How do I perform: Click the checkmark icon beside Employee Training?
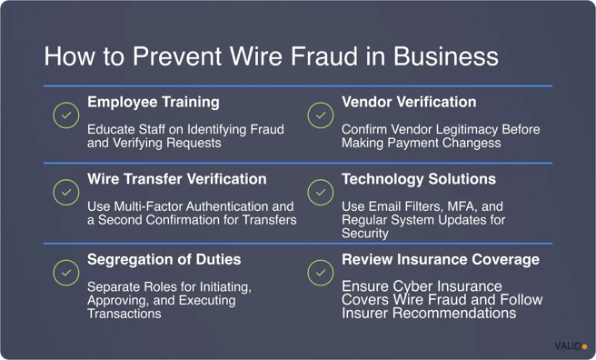tap(65, 115)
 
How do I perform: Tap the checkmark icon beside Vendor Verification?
tap(320, 115)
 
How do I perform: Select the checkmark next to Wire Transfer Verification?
tap(65, 193)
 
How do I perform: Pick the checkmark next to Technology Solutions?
tap(320, 193)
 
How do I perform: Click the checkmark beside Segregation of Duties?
tap(65, 272)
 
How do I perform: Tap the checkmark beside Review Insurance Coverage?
tap(320, 272)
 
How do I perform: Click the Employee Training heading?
tap(153, 102)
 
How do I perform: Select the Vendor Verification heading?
tap(409, 102)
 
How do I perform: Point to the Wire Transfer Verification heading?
tap(177, 179)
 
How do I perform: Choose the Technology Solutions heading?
tap(419, 179)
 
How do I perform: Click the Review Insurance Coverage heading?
tap(441, 259)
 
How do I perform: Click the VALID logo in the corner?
tap(571, 346)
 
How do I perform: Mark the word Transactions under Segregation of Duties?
tap(124, 314)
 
